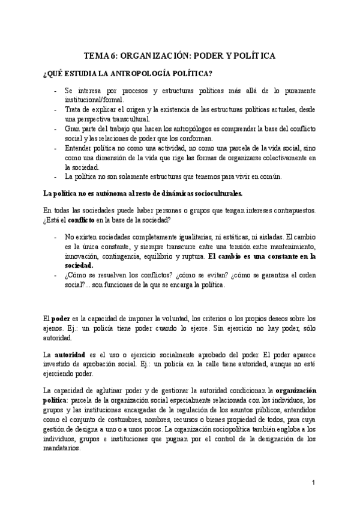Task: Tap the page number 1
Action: pyautogui.click(x=313, y=483)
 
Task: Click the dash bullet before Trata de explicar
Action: pyautogui.click(x=56, y=110)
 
